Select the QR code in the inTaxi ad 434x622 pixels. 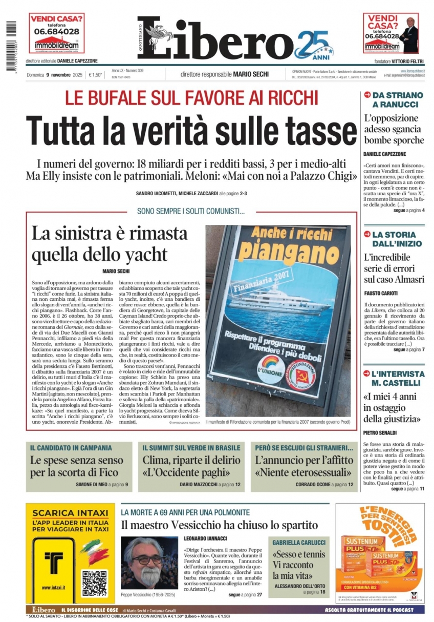[95, 583]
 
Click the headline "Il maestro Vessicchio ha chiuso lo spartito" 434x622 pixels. [219, 525]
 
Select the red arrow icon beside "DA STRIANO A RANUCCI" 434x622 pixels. [366, 95]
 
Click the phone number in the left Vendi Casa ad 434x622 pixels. [56, 31]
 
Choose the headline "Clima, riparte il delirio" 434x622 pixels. [191, 459]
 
